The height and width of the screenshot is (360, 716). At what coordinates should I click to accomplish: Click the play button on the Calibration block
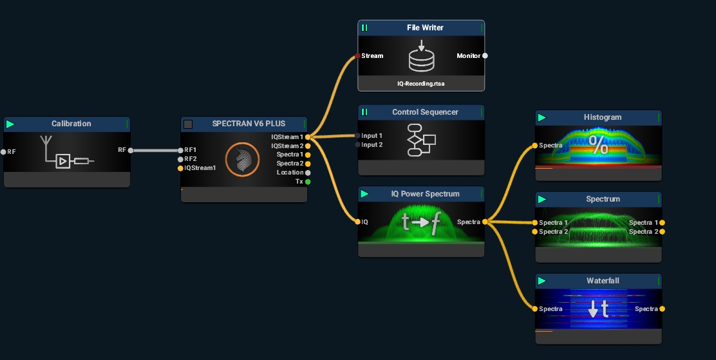click(10, 124)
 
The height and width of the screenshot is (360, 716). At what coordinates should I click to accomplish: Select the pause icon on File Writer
click(364, 28)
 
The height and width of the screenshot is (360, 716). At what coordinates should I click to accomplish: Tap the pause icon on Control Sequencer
click(364, 112)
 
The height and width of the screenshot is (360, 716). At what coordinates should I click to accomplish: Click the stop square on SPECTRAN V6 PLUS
click(188, 124)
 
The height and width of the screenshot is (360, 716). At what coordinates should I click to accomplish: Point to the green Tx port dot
click(308, 182)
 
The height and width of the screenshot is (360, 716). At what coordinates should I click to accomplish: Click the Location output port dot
click(308, 173)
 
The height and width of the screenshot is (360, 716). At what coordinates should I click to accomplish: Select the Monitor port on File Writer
click(485, 55)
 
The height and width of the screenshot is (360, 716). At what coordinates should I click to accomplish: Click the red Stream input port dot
click(357, 56)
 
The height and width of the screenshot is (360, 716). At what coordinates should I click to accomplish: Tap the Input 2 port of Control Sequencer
click(357, 145)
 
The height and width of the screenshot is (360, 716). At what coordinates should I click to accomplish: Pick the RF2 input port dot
click(180, 159)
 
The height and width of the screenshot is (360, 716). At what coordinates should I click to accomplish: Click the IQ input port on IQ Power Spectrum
click(357, 222)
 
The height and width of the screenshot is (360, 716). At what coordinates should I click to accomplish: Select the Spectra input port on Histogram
click(535, 146)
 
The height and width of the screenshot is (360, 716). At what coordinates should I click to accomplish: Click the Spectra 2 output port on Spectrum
click(662, 231)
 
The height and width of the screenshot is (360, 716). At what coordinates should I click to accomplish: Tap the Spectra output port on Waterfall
click(662, 309)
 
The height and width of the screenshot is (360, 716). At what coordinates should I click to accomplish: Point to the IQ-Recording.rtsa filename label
click(421, 84)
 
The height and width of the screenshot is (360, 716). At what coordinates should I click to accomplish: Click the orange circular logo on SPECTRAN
click(242, 159)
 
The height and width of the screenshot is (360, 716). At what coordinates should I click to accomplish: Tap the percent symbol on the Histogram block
click(598, 146)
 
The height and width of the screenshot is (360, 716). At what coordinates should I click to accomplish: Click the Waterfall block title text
click(603, 281)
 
